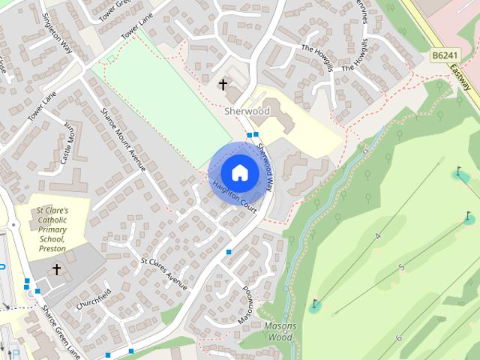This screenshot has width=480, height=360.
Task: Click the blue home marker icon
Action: tap(239, 172)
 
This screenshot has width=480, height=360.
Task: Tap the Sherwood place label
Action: tap(247, 111)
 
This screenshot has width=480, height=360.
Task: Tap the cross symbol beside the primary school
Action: tap(56, 268)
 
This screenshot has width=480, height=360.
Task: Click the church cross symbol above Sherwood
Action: tap(223, 85)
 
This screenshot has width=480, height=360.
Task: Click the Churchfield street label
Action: tap(93, 296)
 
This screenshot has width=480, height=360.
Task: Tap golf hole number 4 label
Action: tap(377, 237)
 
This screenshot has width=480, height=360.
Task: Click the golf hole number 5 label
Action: tap(402, 268)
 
